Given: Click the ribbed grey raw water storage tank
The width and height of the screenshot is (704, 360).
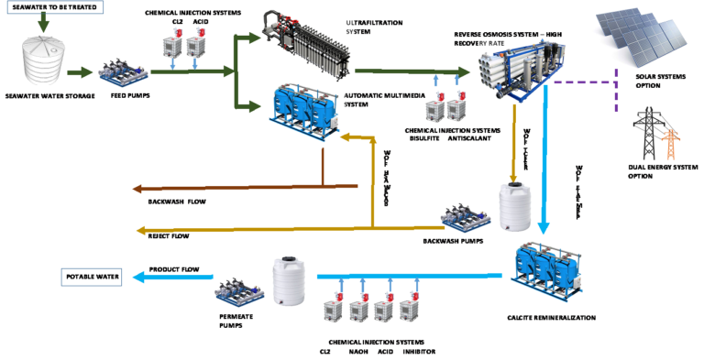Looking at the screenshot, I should (x=43, y=60).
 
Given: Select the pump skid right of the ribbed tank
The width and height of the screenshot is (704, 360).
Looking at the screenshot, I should (x=123, y=73).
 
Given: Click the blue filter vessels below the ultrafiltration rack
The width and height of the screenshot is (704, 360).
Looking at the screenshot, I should (x=302, y=110).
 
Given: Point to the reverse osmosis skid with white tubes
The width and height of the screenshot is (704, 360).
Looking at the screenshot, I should (x=521, y=71).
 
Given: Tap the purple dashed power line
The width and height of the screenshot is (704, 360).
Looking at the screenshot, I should (x=587, y=82).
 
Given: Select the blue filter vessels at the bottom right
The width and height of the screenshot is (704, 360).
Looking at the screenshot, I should (x=545, y=270).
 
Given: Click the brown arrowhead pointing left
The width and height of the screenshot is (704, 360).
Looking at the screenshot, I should (x=138, y=189).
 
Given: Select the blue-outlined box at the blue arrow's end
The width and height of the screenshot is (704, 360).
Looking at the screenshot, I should (x=92, y=277).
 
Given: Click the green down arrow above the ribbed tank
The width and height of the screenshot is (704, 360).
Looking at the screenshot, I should (x=42, y=22).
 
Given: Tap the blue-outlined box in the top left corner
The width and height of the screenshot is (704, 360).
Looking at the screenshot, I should (x=55, y=7).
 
